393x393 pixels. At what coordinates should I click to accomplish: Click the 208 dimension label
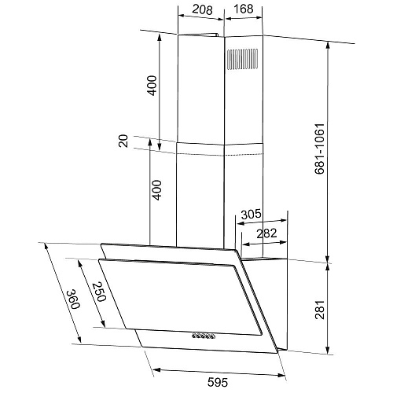click(202, 9)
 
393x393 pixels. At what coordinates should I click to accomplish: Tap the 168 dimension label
click(244, 9)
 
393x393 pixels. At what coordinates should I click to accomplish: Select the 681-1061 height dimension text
click(320, 149)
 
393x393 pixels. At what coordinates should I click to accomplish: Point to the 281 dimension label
click(320, 310)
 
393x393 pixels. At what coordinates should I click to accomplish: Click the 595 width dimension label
click(218, 382)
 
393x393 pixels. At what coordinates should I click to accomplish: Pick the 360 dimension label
click(72, 299)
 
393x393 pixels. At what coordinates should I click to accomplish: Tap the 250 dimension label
click(99, 292)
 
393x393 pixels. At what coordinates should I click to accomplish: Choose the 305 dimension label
click(252, 214)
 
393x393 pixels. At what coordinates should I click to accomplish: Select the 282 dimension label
click(266, 233)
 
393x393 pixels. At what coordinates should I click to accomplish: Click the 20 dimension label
click(123, 141)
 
